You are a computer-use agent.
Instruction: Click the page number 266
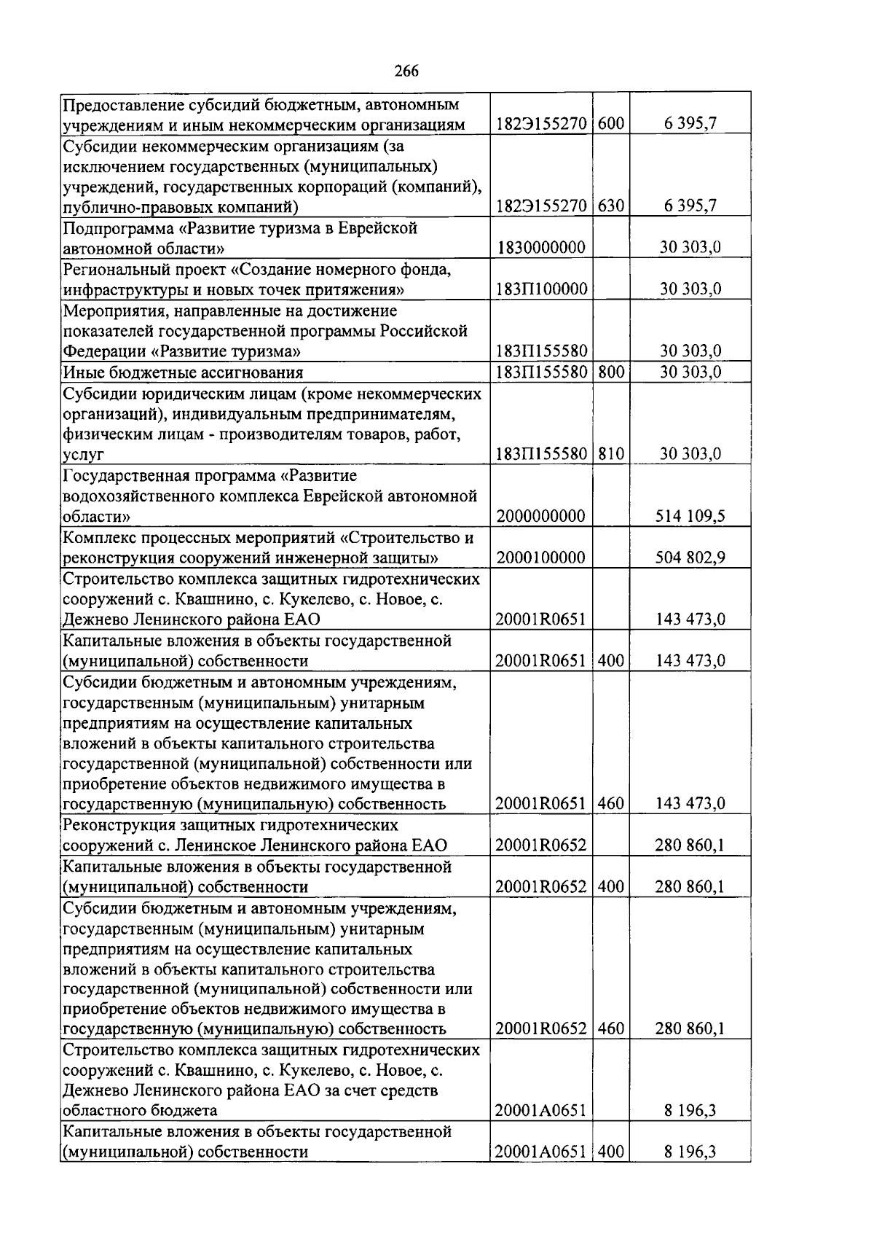[x=406, y=71]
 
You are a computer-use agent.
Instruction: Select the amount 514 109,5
[x=690, y=517]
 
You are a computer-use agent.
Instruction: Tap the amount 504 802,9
[x=690, y=558]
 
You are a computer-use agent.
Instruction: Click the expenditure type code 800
[x=611, y=372]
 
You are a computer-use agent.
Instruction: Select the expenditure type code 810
[x=611, y=454]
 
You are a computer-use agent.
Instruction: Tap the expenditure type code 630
[x=611, y=206]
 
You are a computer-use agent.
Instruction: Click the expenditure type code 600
[x=611, y=124]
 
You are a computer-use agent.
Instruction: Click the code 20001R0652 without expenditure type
[x=540, y=845]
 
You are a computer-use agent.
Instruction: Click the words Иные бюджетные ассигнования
[x=183, y=373]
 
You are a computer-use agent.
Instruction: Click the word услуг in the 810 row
[x=83, y=455]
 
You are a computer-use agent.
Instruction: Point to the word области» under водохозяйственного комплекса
[x=97, y=517]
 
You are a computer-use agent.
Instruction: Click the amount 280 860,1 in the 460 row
[x=690, y=1029]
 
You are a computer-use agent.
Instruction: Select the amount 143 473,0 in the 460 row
[x=690, y=804]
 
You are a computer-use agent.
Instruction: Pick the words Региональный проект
[x=144, y=270]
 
